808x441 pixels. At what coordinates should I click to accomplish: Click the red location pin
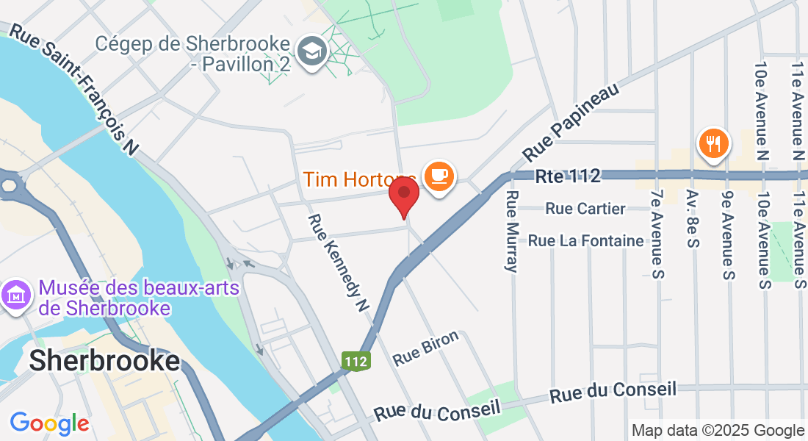(x=403, y=196)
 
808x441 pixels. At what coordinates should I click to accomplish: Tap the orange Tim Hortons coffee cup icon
(x=439, y=176)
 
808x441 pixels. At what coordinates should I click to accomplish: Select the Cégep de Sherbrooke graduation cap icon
(x=312, y=51)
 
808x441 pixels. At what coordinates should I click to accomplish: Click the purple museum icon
(x=15, y=295)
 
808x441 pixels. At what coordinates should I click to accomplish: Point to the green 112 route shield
(x=355, y=360)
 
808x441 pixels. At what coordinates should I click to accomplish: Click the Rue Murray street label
(x=512, y=231)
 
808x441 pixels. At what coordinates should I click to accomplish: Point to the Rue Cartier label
(x=585, y=209)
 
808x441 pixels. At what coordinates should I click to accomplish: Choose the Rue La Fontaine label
(x=585, y=240)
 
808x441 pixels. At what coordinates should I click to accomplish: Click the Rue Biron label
(x=426, y=348)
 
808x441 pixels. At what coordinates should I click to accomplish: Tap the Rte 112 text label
(x=568, y=176)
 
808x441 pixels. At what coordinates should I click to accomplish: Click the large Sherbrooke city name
(x=104, y=360)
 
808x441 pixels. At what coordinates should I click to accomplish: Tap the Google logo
(x=49, y=423)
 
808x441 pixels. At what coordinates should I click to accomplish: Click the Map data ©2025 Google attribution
(x=718, y=431)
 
